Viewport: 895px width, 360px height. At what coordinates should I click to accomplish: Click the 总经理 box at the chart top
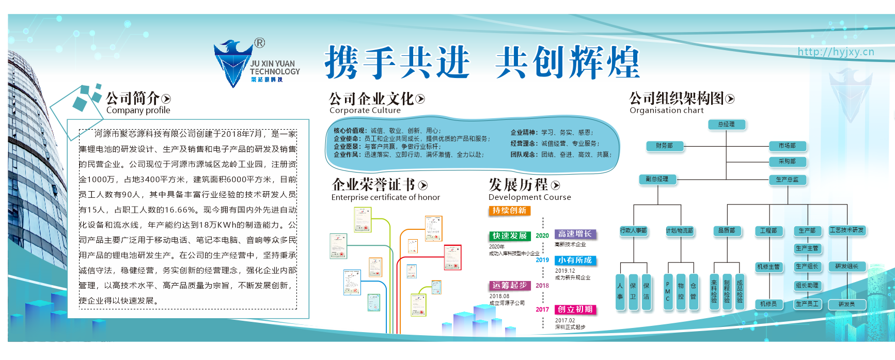[727, 124]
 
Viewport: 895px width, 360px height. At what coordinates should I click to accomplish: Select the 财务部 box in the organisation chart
[665, 146]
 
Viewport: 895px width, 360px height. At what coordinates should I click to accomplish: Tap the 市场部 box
[787, 146]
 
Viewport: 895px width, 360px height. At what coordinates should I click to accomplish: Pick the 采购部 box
[787, 162]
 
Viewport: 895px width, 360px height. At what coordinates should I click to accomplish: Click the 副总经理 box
[657, 179]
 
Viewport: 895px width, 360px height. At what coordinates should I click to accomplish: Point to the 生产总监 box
[787, 180]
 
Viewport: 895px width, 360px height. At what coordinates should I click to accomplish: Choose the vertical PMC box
[668, 292]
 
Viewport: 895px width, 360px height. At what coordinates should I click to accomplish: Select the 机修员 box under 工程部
[768, 304]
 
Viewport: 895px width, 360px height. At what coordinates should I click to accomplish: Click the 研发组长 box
[847, 267]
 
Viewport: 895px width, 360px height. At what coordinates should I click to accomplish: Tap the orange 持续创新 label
[509, 211]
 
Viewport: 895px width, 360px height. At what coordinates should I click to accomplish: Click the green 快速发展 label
[510, 236]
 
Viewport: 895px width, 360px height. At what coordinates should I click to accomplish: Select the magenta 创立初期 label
[575, 309]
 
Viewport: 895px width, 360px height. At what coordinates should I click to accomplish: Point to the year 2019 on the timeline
[542, 260]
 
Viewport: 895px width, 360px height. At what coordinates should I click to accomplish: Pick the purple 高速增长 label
[575, 234]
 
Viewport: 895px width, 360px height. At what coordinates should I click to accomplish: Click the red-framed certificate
[452, 257]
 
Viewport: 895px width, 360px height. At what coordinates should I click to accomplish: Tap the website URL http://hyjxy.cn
[836, 52]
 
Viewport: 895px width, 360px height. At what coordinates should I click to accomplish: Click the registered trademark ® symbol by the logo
[259, 43]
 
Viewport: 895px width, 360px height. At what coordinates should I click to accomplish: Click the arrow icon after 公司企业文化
[420, 99]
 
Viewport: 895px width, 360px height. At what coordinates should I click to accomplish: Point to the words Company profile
[138, 110]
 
